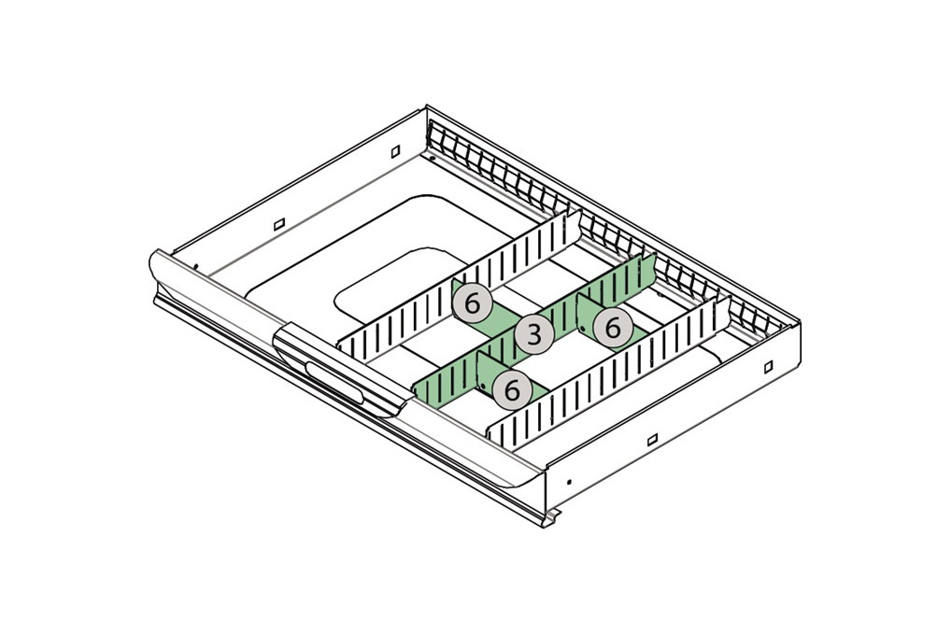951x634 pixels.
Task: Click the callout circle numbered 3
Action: pyautogui.click(x=533, y=334)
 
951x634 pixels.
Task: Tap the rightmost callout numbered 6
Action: pyautogui.click(x=613, y=328)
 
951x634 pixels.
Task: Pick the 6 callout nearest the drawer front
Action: pyautogui.click(x=511, y=388)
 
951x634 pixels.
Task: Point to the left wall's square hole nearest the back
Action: pyautogui.click(x=395, y=150)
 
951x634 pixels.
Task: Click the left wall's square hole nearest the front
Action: pyautogui.click(x=277, y=225)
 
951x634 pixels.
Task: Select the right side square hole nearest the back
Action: pyautogui.click(x=767, y=367)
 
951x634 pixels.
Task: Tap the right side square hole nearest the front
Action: pyautogui.click(x=652, y=439)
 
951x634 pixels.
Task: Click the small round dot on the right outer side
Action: pyautogui.click(x=569, y=483)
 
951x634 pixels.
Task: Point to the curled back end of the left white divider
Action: pyautogui.click(x=572, y=224)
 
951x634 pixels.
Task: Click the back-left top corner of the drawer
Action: pyautogui.click(x=427, y=107)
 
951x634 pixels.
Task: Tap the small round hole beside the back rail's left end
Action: pyautogui.click(x=433, y=156)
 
